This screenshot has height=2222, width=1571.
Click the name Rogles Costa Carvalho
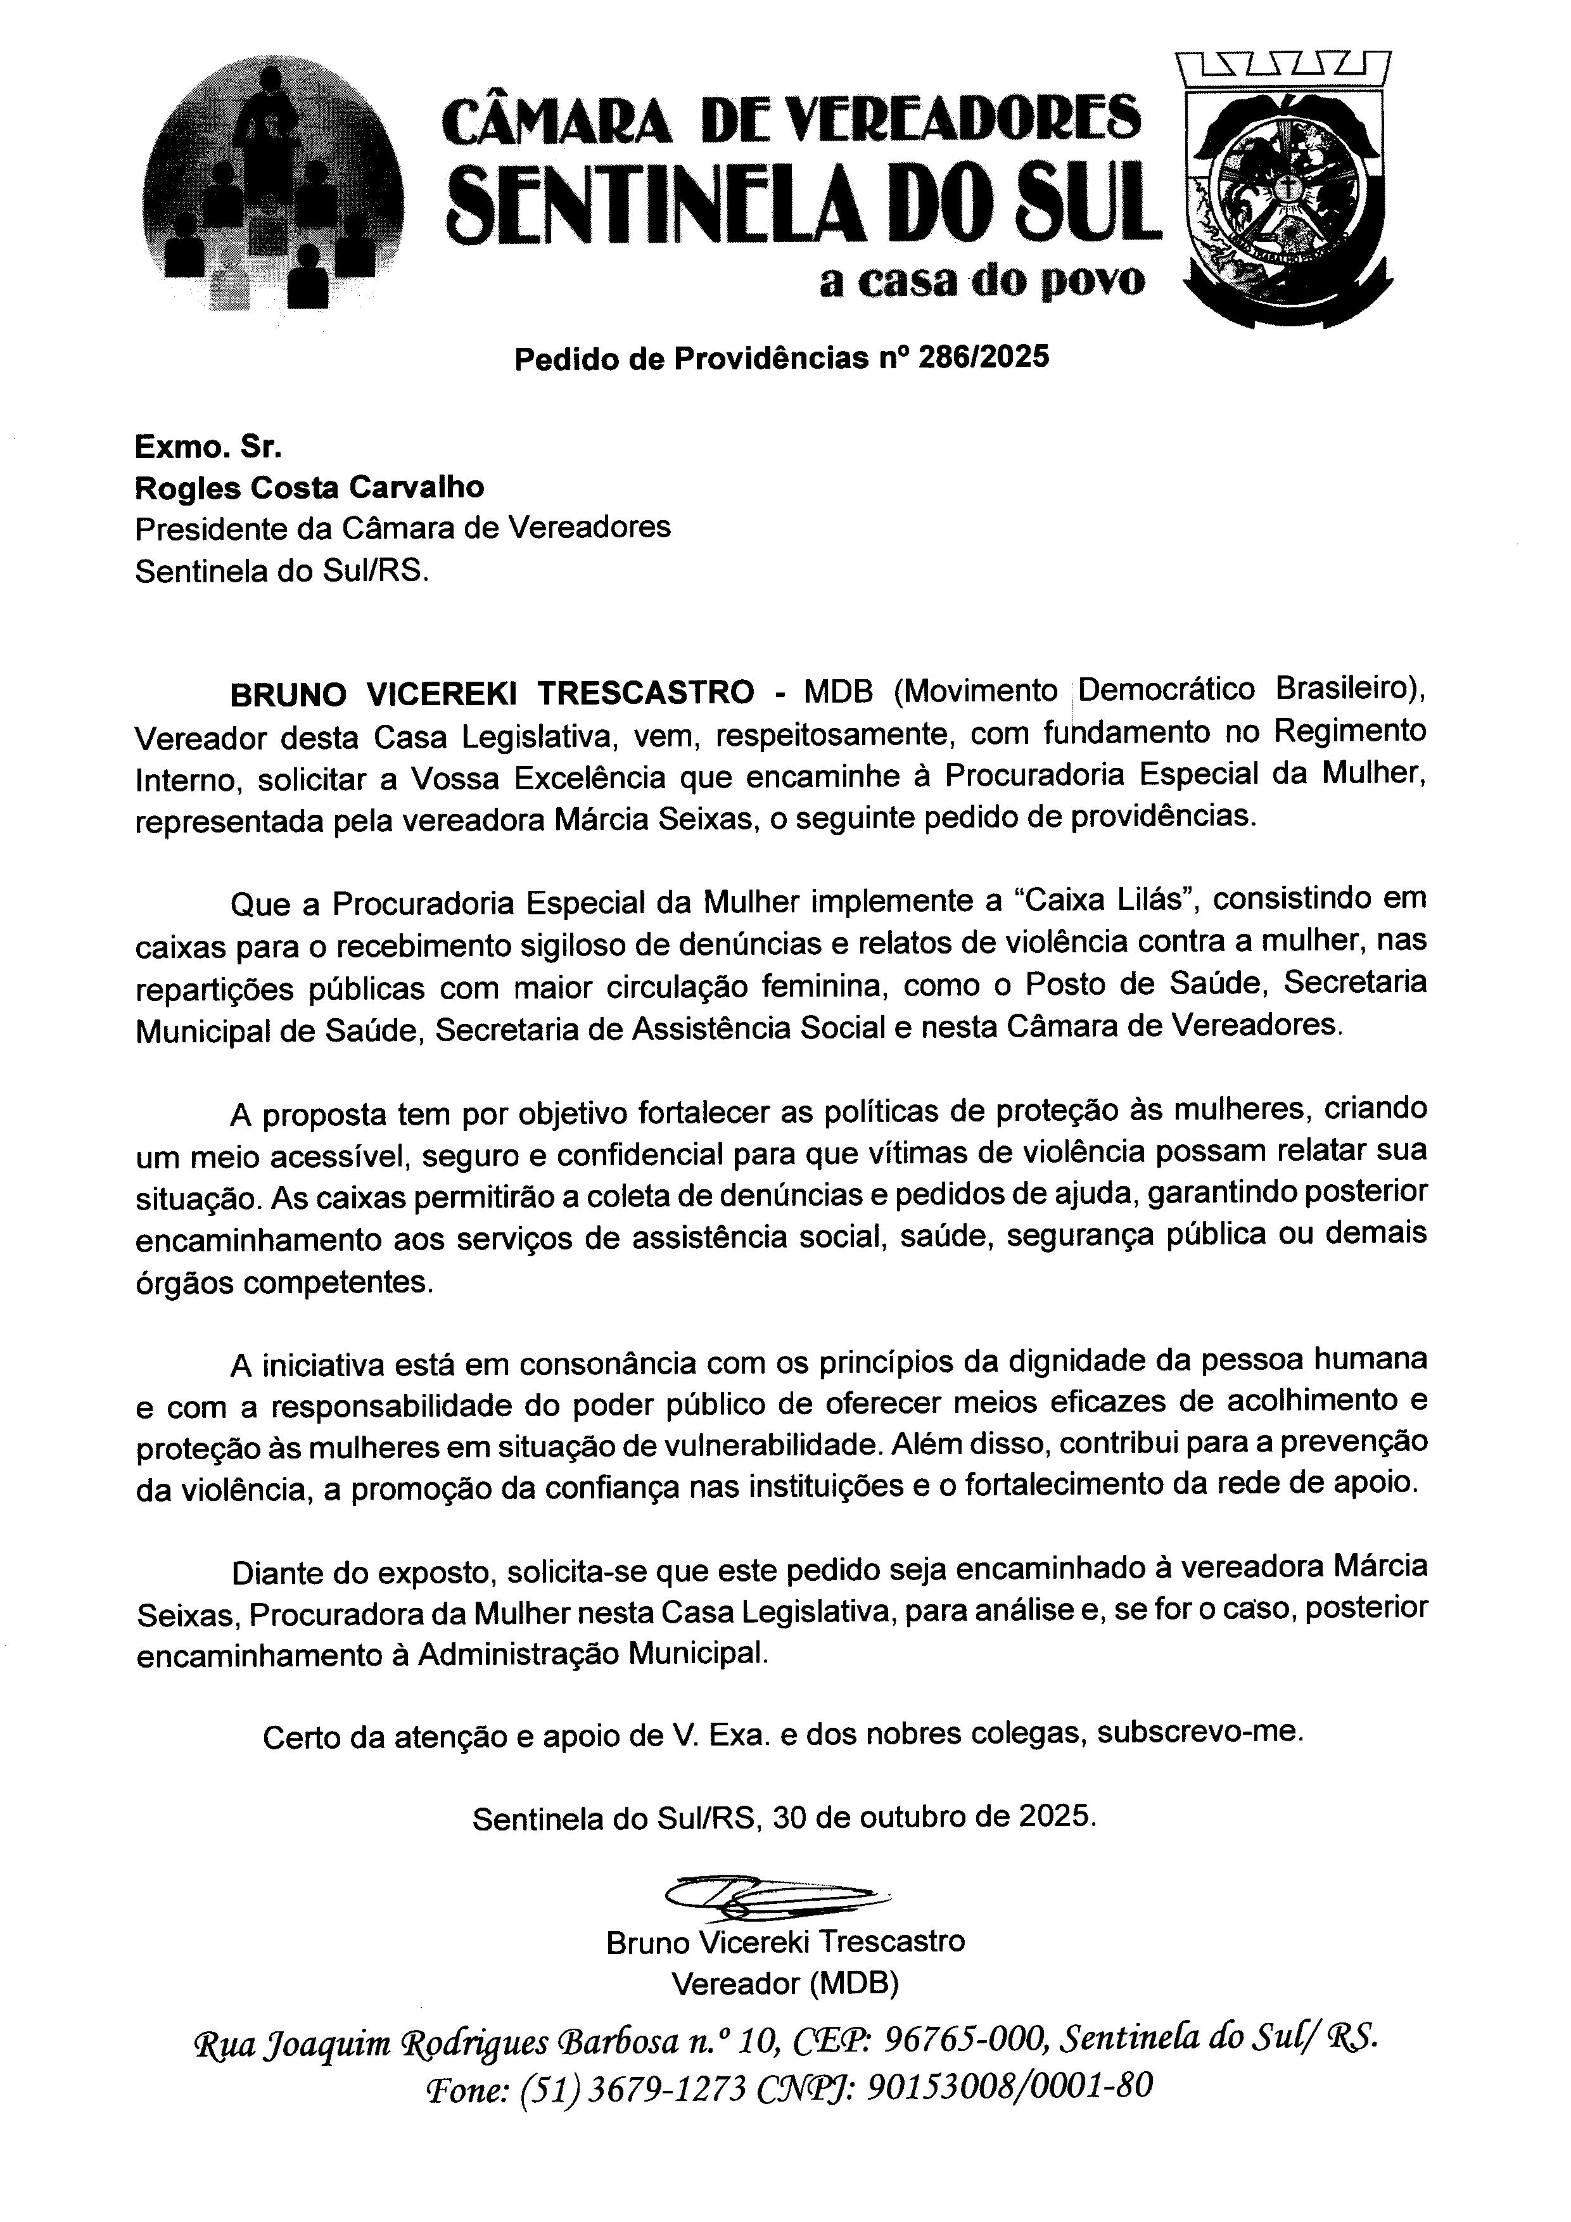tap(310, 487)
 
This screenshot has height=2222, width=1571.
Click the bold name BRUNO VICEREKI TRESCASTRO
tap(492, 693)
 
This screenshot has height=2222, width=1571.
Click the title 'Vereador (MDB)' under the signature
tap(785, 1984)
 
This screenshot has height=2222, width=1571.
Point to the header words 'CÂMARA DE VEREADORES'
tap(791, 118)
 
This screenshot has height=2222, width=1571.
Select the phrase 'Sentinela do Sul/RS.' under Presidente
tap(281, 571)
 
